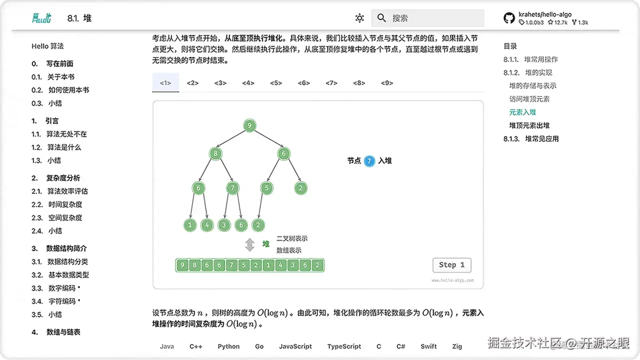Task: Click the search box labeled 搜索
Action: [x=427, y=18]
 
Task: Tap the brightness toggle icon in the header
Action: [x=359, y=18]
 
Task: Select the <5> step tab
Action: [x=276, y=83]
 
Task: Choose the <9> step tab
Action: [x=387, y=83]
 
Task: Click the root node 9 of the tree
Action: [x=249, y=125]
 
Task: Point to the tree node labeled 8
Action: [x=215, y=153]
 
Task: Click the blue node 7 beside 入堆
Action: [x=369, y=161]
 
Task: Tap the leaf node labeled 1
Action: [x=190, y=225]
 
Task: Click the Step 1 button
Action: [x=451, y=265]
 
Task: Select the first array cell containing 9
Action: [x=183, y=265]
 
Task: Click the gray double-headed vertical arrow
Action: [x=249, y=244]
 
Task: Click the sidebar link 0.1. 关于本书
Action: [x=53, y=77]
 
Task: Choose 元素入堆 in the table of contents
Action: [x=522, y=112]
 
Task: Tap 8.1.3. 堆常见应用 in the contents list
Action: [x=531, y=138]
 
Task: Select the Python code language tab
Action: [x=228, y=346]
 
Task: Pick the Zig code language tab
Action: [x=457, y=346]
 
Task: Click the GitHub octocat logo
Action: [x=509, y=18]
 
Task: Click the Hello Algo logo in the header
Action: [x=41, y=18]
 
